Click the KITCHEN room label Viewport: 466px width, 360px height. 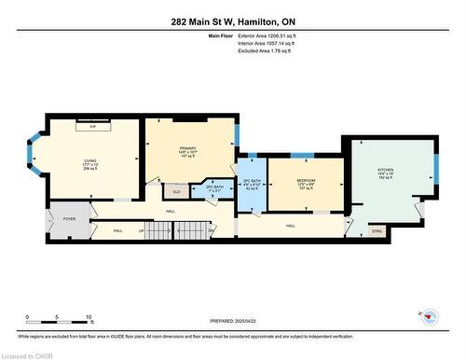386,170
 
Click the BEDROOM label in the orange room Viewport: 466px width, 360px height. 306,180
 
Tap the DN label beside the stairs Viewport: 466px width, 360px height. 211,229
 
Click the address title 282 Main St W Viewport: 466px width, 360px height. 232,21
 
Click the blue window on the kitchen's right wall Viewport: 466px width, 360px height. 433,172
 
